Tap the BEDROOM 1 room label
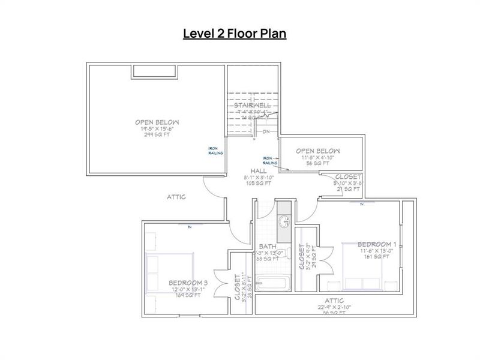[377, 244]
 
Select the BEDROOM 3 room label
[188, 283]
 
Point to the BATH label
[267, 247]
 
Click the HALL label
[259, 170]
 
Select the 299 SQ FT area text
[157, 136]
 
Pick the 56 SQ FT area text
[317, 163]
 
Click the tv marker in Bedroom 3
[190, 226]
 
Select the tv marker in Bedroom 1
[362, 204]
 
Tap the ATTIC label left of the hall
[176, 197]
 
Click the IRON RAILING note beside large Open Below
[215, 151]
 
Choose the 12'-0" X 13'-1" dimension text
[188, 289]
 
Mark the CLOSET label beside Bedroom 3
[238, 288]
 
